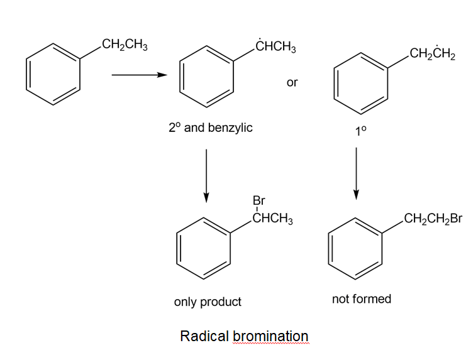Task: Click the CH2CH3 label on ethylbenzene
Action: [124, 46]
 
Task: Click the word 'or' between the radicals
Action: [292, 82]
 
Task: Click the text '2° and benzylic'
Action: [210, 128]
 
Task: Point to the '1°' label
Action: [360, 131]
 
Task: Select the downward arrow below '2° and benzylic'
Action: [206, 176]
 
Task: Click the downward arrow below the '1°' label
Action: [357, 173]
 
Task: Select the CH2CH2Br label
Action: [433, 219]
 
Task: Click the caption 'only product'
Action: [208, 302]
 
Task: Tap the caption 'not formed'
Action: [362, 298]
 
